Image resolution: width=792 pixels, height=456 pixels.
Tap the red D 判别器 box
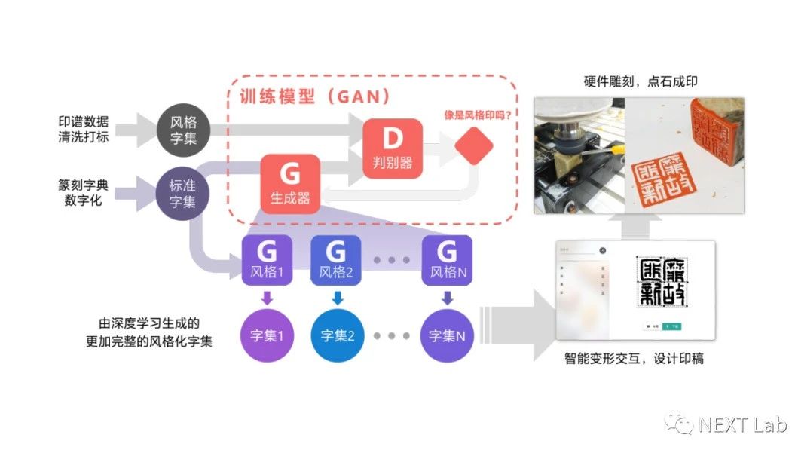pos(393,147)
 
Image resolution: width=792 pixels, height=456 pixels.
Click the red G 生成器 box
pos(289,183)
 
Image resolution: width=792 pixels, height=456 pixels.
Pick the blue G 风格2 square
pos(337,259)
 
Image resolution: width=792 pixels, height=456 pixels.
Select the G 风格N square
pos(447,259)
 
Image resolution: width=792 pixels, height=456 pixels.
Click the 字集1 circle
pos(266,335)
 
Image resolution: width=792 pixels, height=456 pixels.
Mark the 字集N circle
pos(447,335)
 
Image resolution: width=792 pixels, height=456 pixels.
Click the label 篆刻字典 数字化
pos(83,191)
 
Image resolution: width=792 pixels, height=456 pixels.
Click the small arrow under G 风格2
pos(337,298)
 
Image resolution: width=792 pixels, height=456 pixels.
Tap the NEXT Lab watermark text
pos(742,426)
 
